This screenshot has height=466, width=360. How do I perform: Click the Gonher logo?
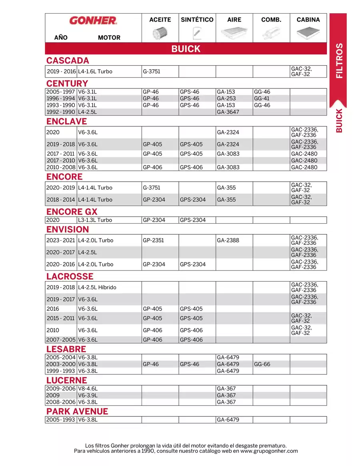93,20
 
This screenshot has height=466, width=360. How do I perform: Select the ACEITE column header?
160,20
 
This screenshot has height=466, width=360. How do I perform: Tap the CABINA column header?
308,20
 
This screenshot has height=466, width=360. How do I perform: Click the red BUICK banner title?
186,49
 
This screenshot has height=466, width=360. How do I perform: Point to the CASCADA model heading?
68,61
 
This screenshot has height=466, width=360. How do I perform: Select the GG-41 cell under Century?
262,98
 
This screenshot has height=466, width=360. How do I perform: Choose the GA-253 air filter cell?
226,98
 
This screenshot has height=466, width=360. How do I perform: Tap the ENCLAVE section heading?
66,122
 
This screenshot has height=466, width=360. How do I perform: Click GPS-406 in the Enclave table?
191,168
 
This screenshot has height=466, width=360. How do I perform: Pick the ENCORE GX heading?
72,212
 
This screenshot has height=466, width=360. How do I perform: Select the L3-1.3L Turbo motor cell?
95,220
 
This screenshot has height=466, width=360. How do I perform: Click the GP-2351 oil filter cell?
153,240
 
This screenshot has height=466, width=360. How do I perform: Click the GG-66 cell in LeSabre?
262,364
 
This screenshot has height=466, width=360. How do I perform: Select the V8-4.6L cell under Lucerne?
88,389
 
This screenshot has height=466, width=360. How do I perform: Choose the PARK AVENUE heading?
77,412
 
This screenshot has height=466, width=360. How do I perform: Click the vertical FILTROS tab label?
339,60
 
